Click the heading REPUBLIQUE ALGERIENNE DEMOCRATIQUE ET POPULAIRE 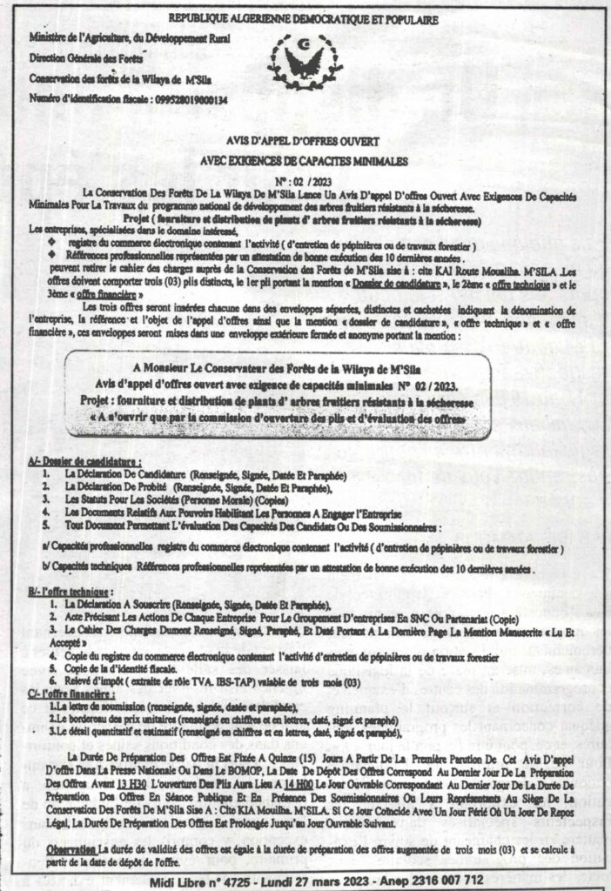click(x=305, y=17)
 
